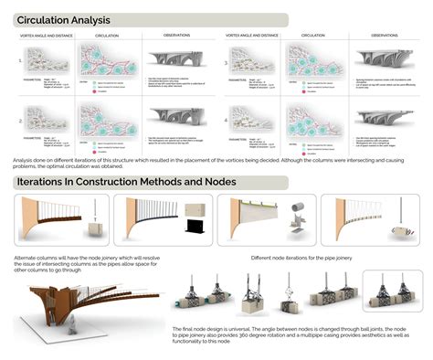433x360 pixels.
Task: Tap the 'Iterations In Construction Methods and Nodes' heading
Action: pyautogui.click(x=127, y=182)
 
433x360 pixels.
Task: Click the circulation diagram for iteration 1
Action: pyautogui.click(x=119, y=62)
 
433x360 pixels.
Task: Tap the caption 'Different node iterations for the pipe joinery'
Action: pyautogui.click(x=301, y=258)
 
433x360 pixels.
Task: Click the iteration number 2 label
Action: pyautogui.click(x=19, y=120)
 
